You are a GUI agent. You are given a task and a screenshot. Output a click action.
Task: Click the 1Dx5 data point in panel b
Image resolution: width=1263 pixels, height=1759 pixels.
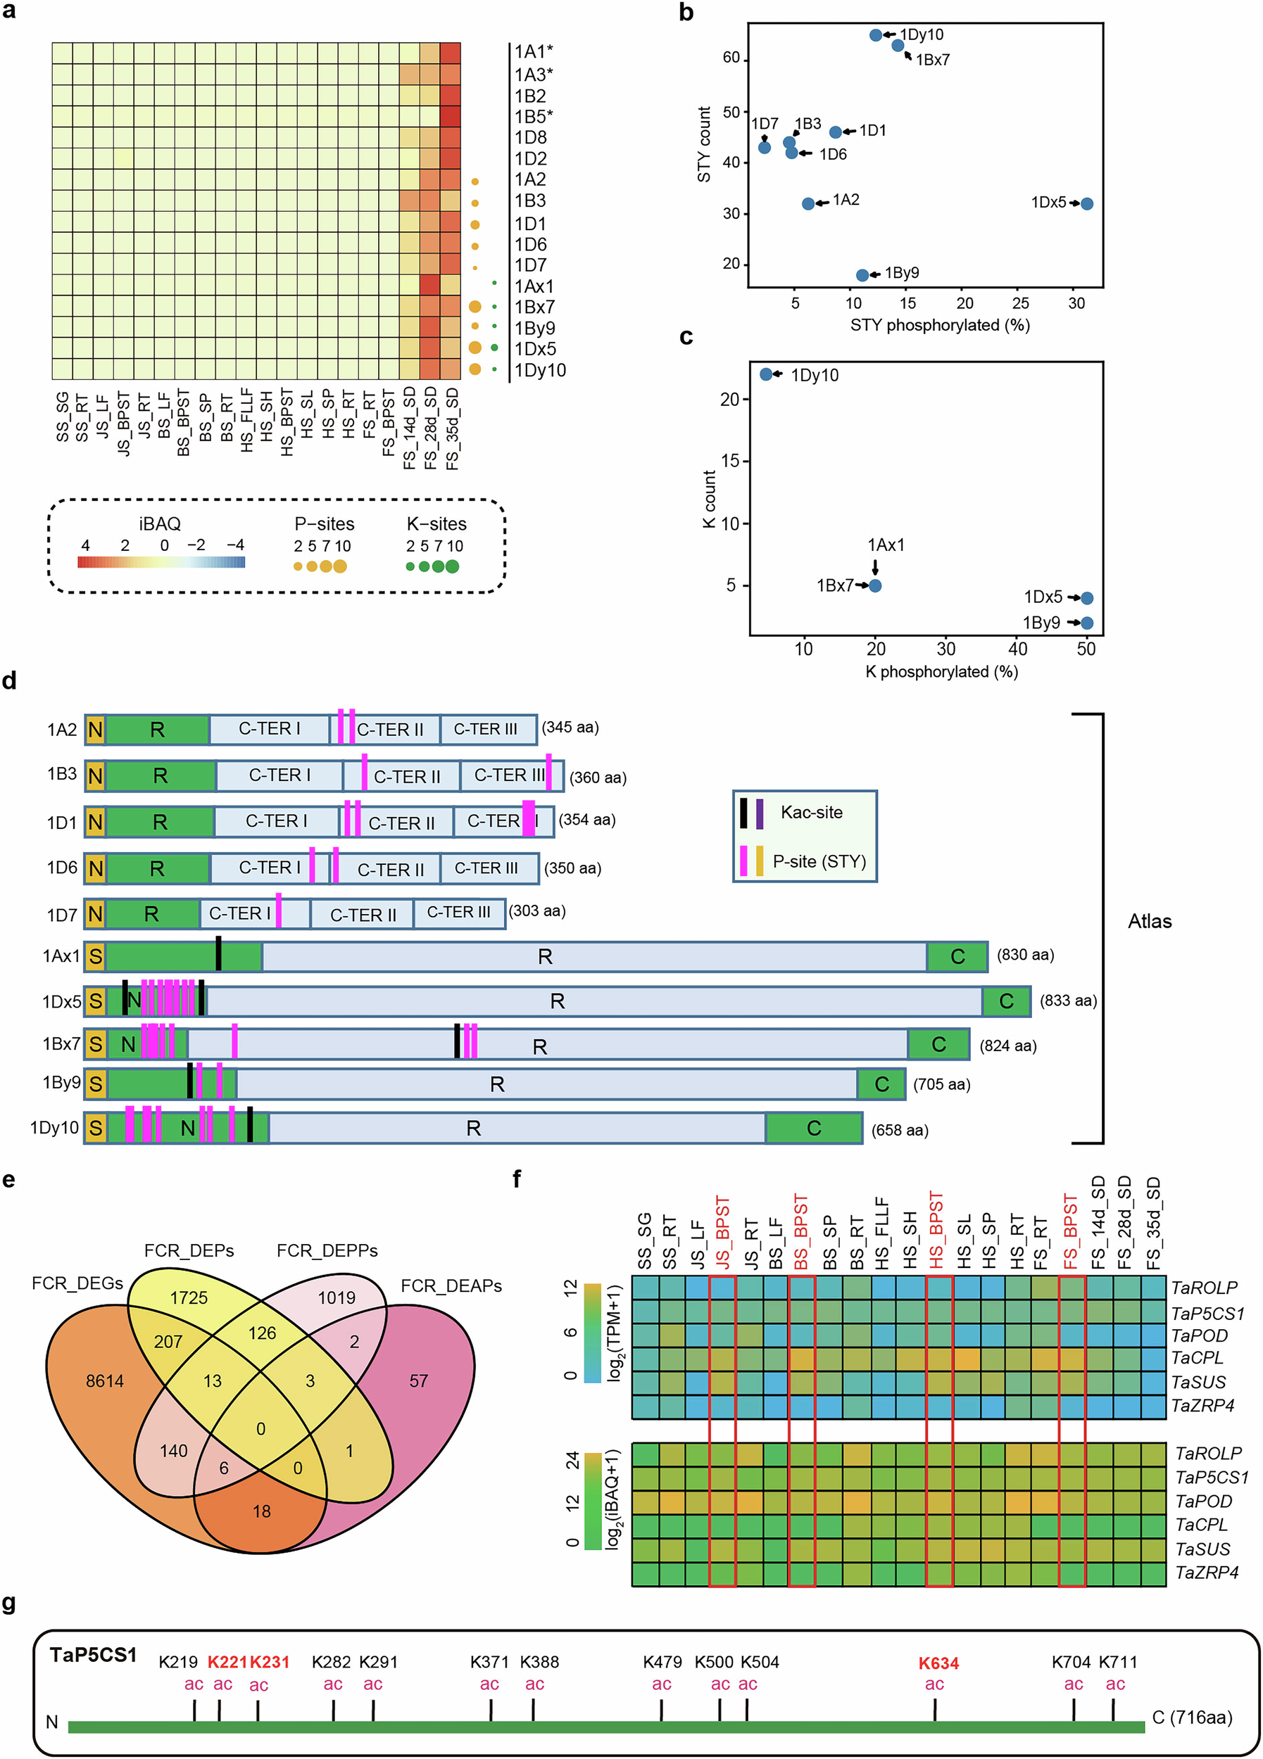click(1087, 204)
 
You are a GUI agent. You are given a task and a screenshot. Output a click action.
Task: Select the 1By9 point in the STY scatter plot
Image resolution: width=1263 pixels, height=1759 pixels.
click(862, 275)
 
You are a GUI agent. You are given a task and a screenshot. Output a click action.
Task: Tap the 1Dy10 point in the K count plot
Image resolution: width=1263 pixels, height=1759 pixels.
click(767, 374)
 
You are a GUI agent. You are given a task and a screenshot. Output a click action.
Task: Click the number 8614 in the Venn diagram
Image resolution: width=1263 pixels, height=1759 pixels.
click(105, 1381)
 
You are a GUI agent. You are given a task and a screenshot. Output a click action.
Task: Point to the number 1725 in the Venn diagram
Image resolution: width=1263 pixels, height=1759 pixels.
click(189, 1298)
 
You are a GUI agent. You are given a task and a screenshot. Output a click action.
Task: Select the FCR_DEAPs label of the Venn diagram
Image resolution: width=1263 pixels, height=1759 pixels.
click(451, 1287)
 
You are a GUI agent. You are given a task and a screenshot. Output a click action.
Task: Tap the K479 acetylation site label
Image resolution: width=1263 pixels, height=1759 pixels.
click(662, 1662)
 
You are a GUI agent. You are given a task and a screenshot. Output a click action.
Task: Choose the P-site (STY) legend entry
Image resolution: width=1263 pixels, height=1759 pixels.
click(819, 862)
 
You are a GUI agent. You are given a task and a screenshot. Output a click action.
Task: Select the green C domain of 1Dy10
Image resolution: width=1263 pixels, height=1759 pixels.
click(814, 1129)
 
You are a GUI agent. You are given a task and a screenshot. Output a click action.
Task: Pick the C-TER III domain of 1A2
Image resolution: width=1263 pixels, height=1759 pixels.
click(486, 730)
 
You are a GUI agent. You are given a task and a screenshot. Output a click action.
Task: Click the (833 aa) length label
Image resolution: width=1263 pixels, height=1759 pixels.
click(1068, 1001)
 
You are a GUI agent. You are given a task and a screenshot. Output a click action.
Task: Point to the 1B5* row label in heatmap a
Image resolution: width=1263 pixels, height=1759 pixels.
click(534, 117)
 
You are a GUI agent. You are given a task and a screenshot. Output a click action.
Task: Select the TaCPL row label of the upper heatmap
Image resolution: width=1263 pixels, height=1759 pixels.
click(1197, 1358)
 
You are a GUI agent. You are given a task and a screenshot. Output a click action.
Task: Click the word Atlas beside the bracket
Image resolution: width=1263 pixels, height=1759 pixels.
click(1149, 922)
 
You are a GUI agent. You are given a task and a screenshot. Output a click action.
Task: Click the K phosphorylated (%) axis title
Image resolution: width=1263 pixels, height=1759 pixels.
click(941, 673)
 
